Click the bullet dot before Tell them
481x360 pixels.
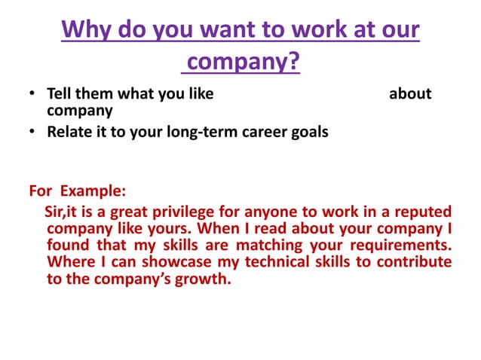click(32, 95)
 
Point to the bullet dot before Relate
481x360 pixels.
click(32, 133)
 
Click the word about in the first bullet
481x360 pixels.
click(409, 94)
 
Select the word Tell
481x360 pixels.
click(60, 94)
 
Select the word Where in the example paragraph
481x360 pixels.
click(67, 263)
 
